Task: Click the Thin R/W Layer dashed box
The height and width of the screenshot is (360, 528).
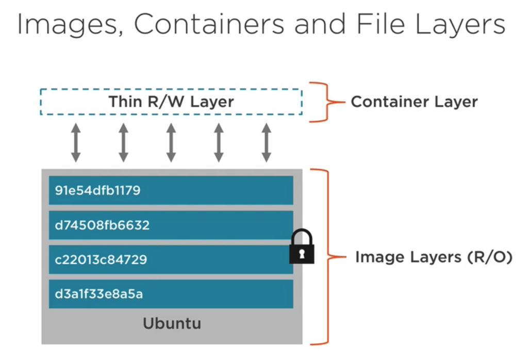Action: [171, 102]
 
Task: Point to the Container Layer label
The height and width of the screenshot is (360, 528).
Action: [414, 102]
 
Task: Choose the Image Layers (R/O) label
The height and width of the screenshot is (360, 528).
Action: [434, 257]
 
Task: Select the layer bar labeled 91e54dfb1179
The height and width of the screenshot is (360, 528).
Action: [171, 190]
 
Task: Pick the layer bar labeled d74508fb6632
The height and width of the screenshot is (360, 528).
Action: [171, 225]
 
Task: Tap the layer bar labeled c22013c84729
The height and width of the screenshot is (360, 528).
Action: [171, 259]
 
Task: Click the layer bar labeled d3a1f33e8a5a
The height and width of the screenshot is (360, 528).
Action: [171, 294]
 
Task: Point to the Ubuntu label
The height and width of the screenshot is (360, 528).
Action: [172, 324]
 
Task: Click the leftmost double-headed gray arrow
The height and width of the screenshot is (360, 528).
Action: [76, 143]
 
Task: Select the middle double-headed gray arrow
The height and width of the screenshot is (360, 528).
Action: [171, 143]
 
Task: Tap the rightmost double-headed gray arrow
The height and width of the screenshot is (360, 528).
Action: [267, 143]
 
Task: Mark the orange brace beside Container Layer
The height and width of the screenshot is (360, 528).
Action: [325, 102]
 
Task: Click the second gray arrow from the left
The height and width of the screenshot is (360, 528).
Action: [123, 143]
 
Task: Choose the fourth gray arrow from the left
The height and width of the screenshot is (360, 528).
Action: [219, 143]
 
